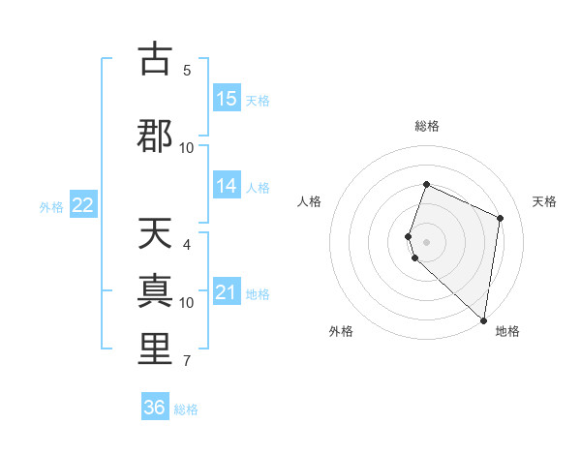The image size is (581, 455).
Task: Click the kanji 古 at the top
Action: click(x=155, y=60)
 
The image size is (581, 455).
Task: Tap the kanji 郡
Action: click(x=155, y=136)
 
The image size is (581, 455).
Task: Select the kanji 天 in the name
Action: click(x=155, y=234)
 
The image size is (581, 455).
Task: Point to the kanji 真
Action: click(x=155, y=291)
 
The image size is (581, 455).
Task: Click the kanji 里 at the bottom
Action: click(x=155, y=349)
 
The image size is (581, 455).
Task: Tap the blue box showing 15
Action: click(x=227, y=99)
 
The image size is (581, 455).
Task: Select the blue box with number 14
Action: click(x=227, y=186)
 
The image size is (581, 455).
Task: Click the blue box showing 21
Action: click(x=227, y=292)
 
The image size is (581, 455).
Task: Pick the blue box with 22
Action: click(x=83, y=205)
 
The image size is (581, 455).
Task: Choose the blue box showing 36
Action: click(x=155, y=408)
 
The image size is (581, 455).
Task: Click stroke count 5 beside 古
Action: click(x=187, y=70)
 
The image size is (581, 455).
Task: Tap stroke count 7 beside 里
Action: click(x=187, y=361)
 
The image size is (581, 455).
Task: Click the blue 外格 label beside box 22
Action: click(x=51, y=206)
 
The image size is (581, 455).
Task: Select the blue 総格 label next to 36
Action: click(x=186, y=409)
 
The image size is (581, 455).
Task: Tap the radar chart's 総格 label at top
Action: click(x=427, y=126)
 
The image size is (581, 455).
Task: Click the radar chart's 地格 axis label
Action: click(x=507, y=331)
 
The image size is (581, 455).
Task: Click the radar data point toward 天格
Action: click(x=501, y=218)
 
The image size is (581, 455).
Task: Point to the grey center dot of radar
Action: click(x=427, y=241)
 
